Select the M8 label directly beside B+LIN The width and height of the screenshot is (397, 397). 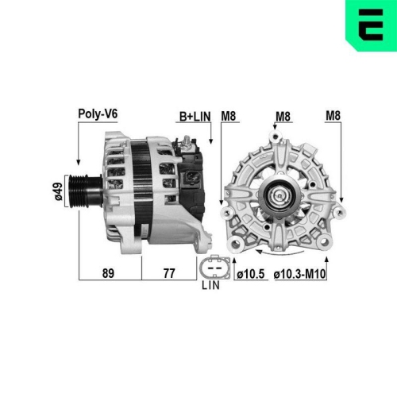point(229,117)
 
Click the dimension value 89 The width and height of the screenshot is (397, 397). point(108,274)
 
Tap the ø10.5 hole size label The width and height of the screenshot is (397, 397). point(249,274)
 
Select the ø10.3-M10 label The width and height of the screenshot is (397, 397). point(300,274)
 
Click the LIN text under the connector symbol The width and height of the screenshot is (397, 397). point(210,284)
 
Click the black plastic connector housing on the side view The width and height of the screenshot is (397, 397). point(195,183)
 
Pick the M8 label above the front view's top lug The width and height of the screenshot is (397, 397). point(282,117)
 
